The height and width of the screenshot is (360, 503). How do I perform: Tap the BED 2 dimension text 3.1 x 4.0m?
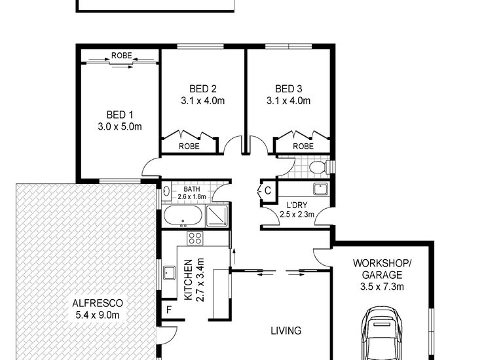tap(203, 101)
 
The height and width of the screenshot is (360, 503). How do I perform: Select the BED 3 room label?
tap(289, 88)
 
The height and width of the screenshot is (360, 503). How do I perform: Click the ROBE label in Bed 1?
tap(121, 56)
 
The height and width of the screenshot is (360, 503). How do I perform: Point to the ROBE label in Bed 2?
tap(189, 147)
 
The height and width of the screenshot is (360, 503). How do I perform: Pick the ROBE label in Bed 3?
tap(302, 147)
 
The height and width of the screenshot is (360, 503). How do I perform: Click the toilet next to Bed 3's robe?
tap(316, 168)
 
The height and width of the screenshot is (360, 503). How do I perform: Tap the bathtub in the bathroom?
tap(181, 217)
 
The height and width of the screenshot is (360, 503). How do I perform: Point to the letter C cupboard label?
tap(268, 191)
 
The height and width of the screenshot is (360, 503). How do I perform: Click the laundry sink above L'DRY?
tap(320, 190)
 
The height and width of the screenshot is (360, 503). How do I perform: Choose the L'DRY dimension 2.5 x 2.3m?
tap(297, 214)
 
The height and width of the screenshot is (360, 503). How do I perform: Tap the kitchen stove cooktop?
tap(195, 238)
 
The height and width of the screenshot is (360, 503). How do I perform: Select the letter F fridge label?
tap(169, 310)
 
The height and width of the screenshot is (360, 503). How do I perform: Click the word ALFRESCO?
tap(98, 304)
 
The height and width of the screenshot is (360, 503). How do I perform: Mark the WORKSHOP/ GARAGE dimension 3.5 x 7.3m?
tap(382, 286)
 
